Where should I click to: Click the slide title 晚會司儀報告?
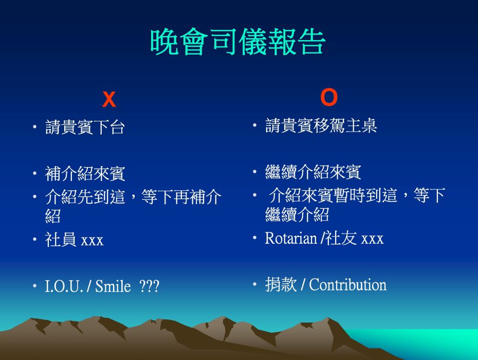click(238, 42)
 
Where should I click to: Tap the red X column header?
click(109, 99)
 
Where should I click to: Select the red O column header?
click(329, 97)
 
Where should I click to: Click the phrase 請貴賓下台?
click(85, 127)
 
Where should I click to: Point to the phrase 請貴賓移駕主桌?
click(321, 125)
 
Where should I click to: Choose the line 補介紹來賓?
click(85, 174)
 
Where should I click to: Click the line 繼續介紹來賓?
click(313, 172)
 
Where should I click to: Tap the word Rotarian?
click(291, 238)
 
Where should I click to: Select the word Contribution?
click(348, 284)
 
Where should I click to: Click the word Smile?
click(113, 286)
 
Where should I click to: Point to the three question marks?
click(149, 286)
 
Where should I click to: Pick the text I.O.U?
click(64, 286)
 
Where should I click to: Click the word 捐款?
click(281, 284)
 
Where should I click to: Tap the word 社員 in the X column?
click(61, 239)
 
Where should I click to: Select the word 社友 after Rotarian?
click(341, 238)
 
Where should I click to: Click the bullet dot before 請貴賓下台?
click(35, 127)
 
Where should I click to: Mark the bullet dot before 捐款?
click(255, 284)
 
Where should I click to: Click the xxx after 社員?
click(93, 241)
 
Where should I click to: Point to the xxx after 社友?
click(372, 240)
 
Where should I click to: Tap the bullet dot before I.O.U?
click(35, 286)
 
